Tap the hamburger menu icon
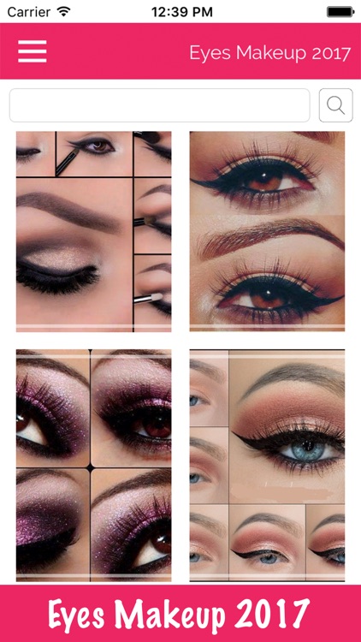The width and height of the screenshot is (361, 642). [x=33, y=51]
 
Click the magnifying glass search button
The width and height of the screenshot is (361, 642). [x=335, y=105]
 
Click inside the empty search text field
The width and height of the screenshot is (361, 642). [x=159, y=105]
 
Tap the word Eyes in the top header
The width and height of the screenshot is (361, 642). [x=208, y=53]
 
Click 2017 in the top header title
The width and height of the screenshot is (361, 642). [x=332, y=53]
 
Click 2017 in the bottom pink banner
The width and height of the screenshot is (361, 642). [x=269, y=615]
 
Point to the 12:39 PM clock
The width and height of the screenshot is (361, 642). [x=180, y=13]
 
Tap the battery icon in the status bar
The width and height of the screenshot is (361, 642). [x=339, y=13]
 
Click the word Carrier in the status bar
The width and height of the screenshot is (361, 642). [x=28, y=13]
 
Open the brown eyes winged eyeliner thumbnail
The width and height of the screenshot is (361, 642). [x=267, y=231]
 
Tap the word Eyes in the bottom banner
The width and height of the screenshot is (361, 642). [x=82, y=615]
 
